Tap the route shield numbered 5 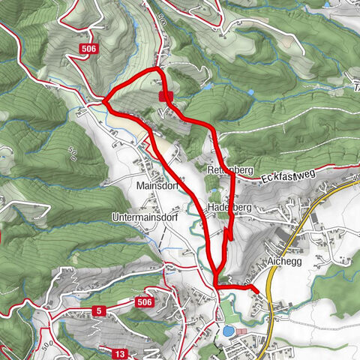[98, 310]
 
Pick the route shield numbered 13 [120, 352]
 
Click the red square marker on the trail [166, 96]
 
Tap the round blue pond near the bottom [227, 330]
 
